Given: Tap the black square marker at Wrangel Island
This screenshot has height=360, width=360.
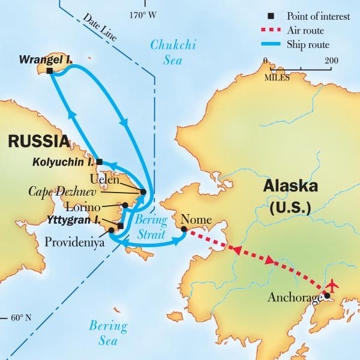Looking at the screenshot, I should coord(49,71).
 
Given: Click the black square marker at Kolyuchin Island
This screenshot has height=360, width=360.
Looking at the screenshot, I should coord(100,161).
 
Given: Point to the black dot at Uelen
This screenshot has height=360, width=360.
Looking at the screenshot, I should coord(143,192).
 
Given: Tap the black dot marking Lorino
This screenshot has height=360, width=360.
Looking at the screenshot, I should coord(125,205).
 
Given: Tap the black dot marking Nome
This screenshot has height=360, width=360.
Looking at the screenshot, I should coord(184,229).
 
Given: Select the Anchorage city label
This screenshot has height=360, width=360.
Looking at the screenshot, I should coord(293,296).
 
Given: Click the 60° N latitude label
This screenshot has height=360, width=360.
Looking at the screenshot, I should coord(22,317).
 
